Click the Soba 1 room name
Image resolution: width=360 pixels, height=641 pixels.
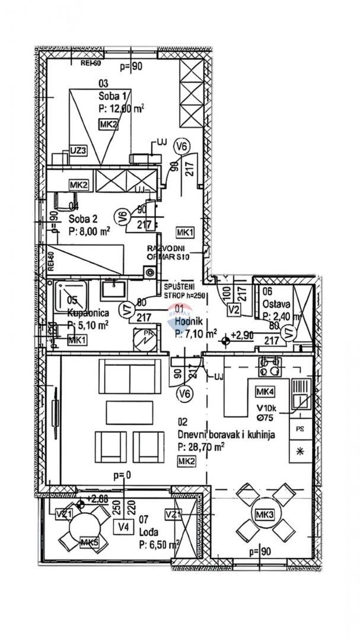(x=113, y=97)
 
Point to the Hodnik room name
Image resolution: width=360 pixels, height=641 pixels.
(x=189, y=322)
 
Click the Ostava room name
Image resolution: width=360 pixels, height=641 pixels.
(x=274, y=304)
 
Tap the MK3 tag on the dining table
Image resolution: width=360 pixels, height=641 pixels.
(x=263, y=514)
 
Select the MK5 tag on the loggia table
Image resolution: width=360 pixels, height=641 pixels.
(x=89, y=542)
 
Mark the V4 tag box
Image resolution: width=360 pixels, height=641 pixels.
(x=124, y=526)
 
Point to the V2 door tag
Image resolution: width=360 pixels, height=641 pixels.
(x=234, y=309)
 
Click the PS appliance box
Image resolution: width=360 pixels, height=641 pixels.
(x=300, y=428)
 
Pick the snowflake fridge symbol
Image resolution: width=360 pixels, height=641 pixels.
(x=300, y=451)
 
